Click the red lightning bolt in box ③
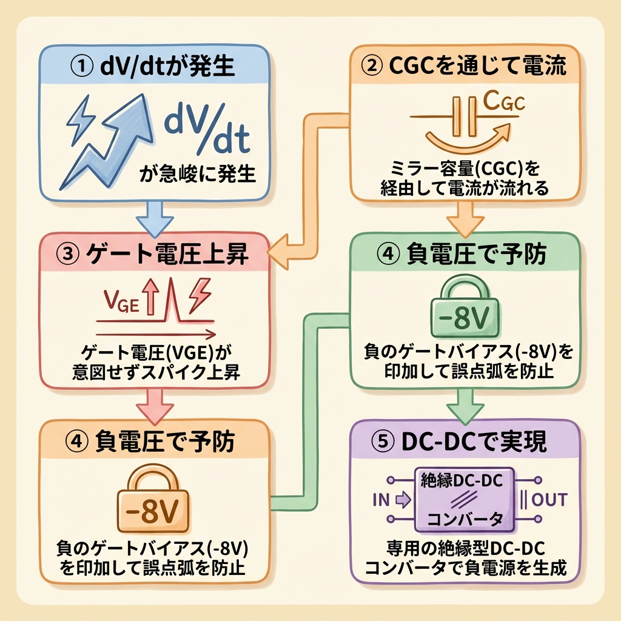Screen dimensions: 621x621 200,295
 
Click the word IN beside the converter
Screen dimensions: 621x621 380,500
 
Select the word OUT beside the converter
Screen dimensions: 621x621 549,500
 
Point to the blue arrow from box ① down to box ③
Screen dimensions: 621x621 156,218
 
